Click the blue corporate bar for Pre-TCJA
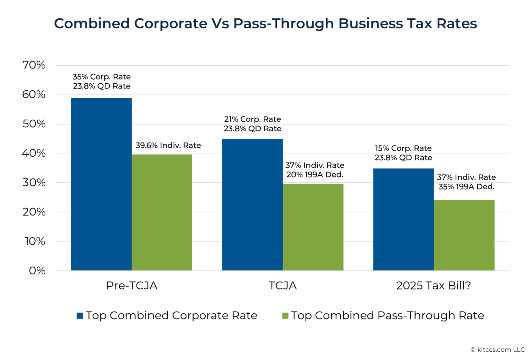click(x=101, y=184)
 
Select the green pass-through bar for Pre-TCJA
click(x=162, y=212)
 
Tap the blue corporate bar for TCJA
click(x=252, y=205)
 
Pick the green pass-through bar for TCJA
click(x=313, y=227)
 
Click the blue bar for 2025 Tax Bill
click(x=403, y=219)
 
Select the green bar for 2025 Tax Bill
click(x=464, y=235)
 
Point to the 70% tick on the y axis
click(x=34, y=65)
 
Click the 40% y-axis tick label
click(x=34, y=153)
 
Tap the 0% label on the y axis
click(x=37, y=270)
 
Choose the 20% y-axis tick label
click(x=34, y=212)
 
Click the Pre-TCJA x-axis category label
click(x=132, y=286)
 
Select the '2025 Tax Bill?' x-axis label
click(x=434, y=286)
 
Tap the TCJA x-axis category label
click(x=282, y=286)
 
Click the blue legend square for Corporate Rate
click(x=80, y=316)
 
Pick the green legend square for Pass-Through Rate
click(x=285, y=316)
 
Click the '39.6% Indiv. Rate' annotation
click(x=168, y=146)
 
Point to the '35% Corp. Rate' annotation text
click(x=102, y=77)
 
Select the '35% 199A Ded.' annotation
click(x=466, y=187)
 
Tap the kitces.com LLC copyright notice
click(x=497, y=350)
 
